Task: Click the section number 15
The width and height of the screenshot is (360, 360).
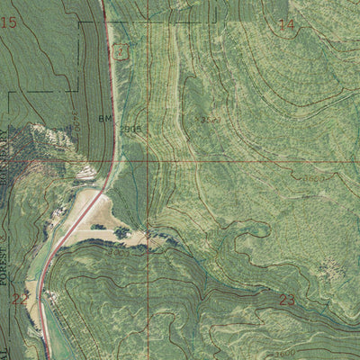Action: [x=9, y=22]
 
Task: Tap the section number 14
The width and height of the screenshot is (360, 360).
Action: [x=286, y=25]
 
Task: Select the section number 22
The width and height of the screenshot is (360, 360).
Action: [x=19, y=300]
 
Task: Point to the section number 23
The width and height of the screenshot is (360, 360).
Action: [x=287, y=300]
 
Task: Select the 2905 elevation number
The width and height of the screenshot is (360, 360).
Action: [x=131, y=129]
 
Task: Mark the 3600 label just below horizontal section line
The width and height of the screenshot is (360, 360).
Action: [x=314, y=179]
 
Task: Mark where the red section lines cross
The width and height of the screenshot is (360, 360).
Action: [x=147, y=161]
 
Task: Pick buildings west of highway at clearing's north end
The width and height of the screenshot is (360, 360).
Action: [x=84, y=174]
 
